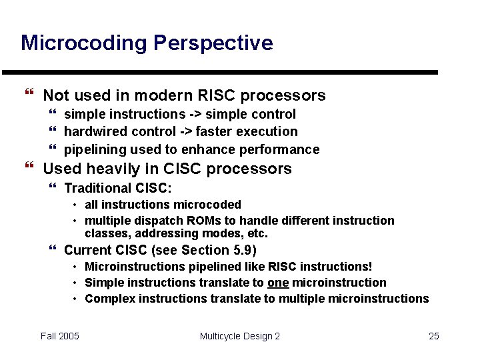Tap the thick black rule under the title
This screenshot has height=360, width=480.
point(220,72)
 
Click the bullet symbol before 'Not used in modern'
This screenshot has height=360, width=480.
point(29,95)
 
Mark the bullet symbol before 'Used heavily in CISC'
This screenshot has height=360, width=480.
point(29,169)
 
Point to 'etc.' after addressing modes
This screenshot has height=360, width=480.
point(257,233)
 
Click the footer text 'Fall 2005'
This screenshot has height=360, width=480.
point(59,336)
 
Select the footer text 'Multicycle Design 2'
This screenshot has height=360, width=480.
point(239,336)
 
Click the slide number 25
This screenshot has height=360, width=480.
point(433,336)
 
